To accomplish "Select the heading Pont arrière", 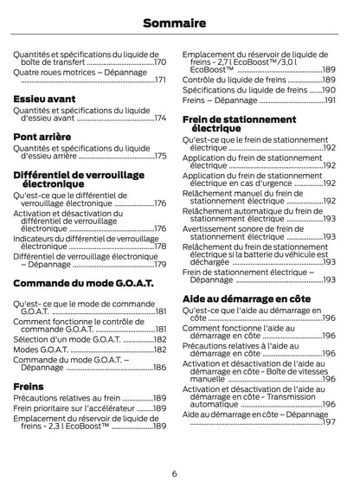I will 42,137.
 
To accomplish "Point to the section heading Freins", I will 29,386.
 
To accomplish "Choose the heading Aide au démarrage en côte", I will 246,298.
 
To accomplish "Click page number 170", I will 159,63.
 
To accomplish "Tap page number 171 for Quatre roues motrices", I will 159,80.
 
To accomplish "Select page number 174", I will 159,118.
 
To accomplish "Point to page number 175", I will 159,156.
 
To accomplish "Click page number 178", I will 159,247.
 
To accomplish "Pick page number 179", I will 159,264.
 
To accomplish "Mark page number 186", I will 159,368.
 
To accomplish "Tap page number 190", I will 329,90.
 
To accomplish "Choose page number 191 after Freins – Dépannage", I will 329,101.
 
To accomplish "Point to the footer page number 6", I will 174,473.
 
